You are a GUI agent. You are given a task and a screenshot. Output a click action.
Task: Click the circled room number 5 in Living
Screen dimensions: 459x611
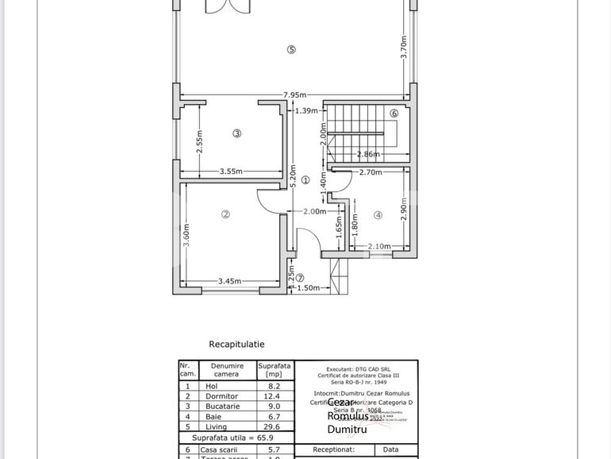(x=291, y=49)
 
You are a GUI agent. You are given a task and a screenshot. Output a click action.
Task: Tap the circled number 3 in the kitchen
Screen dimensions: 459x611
(x=236, y=133)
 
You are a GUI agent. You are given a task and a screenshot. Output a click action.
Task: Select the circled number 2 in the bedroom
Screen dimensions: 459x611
(x=225, y=214)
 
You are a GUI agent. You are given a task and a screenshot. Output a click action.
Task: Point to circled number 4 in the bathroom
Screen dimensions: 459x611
(x=379, y=214)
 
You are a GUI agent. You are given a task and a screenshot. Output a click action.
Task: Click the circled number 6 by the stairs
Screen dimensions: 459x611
(x=394, y=114)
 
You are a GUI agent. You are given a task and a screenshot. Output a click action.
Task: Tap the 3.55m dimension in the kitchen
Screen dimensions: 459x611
(x=231, y=172)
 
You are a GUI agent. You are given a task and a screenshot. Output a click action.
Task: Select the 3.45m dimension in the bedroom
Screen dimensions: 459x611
(x=230, y=281)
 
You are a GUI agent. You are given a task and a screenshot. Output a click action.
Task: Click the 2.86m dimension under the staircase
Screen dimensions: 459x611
(x=367, y=153)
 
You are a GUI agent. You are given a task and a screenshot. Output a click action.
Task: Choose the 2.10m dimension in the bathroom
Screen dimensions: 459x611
(x=379, y=246)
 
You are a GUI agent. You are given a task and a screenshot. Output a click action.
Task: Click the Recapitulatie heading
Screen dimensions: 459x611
(x=236, y=345)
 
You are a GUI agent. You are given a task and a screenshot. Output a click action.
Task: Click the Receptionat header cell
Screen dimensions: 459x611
(x=335, y=449)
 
